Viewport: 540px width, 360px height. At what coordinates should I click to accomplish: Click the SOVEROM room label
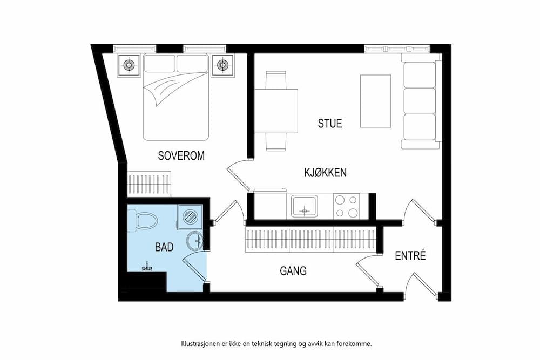pos(181,156)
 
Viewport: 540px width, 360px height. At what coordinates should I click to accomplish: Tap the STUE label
pos(330,123)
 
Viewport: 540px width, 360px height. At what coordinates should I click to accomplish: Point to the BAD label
pos(164,247)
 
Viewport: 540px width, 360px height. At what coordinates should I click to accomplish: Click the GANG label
pos(293,271)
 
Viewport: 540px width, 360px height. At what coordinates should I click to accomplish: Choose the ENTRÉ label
pos(410,255)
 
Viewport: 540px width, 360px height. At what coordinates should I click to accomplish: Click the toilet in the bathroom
pos(144,220)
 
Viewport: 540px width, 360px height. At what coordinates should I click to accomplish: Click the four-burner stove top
pos(346,206)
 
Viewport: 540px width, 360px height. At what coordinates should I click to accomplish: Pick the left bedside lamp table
pos(129,65)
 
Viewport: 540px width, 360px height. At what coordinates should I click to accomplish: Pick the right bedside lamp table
pos(222,65)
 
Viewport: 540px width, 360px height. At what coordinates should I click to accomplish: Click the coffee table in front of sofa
pos(375,101)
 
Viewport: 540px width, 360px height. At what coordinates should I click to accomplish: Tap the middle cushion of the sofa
pos(420,100)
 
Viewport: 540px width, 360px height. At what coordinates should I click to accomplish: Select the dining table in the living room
pos(276,111)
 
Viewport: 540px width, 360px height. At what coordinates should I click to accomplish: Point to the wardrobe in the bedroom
pos(149,184)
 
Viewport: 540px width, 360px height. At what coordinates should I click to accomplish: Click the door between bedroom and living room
pos(237,176)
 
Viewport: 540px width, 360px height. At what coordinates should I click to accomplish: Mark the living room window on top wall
pos(397,49)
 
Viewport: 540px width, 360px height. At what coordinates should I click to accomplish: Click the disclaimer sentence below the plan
pos(276,343)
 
